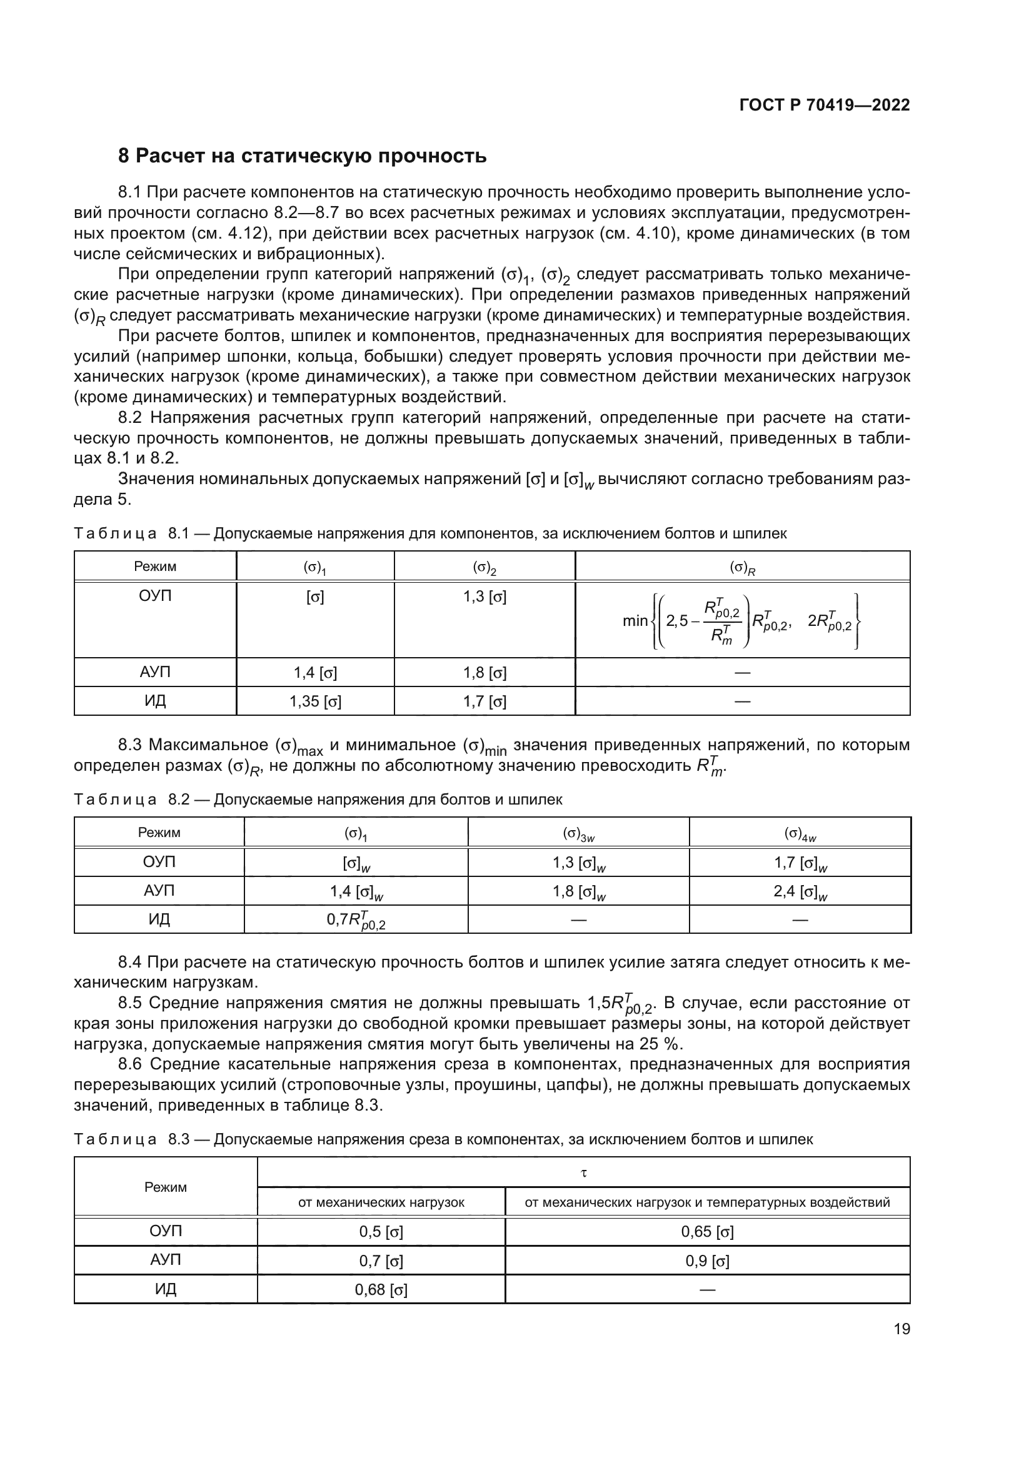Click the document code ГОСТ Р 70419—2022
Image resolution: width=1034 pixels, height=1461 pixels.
click(x=824, y=105)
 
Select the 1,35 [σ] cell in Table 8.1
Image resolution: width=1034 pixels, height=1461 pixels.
click(x=315, y=701)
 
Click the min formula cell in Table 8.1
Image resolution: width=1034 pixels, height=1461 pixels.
click(x=742, y=620)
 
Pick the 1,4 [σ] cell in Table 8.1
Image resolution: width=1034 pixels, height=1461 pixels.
click(x=315, y=673)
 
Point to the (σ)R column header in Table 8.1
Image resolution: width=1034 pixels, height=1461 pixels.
click(x=742, y=567)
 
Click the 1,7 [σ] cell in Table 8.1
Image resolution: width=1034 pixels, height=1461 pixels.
click(x=484, y=701)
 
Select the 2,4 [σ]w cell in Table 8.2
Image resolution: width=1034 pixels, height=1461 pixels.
click(x=800, y=891)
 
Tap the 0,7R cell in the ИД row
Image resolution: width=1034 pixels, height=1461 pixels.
click(x=356, y=919)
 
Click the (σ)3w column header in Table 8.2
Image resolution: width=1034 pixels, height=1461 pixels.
click(x=578, y=833)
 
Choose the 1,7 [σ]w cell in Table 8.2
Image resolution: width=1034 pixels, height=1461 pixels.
click(x=800, y=863)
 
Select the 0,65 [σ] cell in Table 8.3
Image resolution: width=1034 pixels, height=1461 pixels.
click(x=707, y=1231)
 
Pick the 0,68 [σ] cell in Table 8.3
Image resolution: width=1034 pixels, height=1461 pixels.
click(x=381, y=1289)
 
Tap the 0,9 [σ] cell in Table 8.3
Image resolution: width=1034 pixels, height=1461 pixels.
click(x=707, y=1260)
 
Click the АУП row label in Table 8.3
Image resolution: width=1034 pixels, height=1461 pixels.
click(x=166, y=1260)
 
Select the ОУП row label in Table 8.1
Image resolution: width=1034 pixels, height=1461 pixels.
click(x=156, y=597)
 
